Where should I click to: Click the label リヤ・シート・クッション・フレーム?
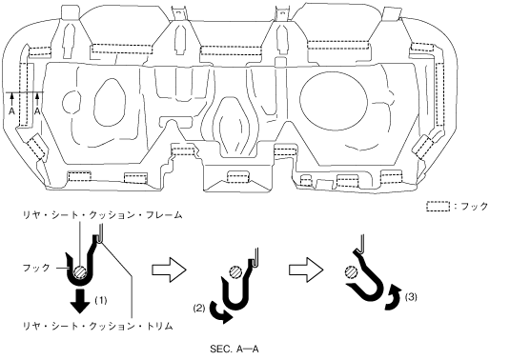(102, 215)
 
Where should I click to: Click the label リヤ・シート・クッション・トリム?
(97, 326)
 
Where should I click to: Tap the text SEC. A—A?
(235, 350)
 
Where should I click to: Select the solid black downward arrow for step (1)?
(80, 301)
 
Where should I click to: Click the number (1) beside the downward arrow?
(100, 300)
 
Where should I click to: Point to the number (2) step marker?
(199, 308)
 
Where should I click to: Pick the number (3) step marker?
(411, 296)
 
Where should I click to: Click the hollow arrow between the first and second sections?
(169, 270)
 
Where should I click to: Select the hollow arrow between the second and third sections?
(306, 270)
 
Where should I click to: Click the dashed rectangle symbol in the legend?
(439, 207)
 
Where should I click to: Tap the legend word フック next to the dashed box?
(475, 207)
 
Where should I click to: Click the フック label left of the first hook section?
(36, 268)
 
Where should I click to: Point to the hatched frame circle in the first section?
(80, 271)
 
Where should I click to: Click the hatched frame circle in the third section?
(351, 272)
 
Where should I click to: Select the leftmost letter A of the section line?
(11, 111)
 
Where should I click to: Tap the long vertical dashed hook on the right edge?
(439, 94)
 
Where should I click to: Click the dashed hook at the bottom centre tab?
(238, 177)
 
